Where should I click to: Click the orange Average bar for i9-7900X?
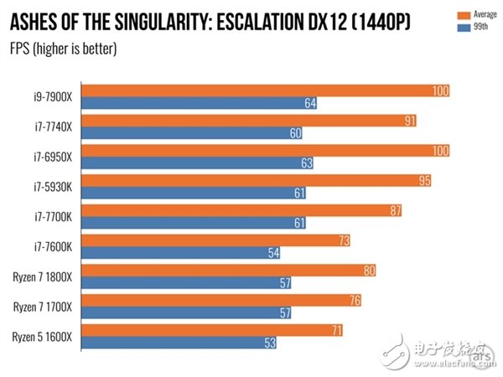pos(268,90)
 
